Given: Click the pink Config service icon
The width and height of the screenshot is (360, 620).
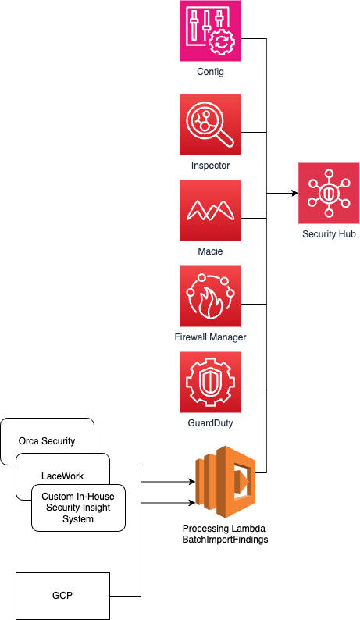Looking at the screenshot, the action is click(x=211, y=30).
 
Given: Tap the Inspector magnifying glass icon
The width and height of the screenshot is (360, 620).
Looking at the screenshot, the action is click(x=211, y=125).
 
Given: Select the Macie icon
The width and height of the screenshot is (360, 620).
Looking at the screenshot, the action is click(x=211, y=210).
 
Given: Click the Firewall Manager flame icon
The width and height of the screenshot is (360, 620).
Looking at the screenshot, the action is click(x=211, y=296).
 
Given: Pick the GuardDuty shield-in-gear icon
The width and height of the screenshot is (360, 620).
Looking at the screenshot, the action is click(x=211, y=383).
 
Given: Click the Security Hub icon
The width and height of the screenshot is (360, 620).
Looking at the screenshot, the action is click(x=329, y=193).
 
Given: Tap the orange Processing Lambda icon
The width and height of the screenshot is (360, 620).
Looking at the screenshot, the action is click(x=226, y=482).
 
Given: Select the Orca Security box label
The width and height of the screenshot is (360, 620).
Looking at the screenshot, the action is click(x=47, y=441).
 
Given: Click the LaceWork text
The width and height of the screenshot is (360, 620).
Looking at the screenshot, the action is click(x=62, y=476).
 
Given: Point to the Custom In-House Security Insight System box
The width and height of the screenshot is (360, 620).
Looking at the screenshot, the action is click(x=78, y=508).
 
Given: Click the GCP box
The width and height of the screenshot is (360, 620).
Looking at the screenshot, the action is click(x=62, y=596).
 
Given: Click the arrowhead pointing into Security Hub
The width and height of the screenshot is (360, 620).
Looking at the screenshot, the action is click(x=295, y=193).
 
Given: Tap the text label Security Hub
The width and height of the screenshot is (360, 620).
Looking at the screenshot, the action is click(x=329, y=234).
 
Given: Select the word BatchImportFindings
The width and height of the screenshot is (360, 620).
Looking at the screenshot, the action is click(x=225, y=540).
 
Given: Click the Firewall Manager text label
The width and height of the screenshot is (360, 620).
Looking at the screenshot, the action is click(x=211, y=337).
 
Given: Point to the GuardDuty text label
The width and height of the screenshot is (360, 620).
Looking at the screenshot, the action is click(x=211, y=423).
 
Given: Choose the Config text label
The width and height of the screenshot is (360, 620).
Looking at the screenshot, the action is click(x=211, y=72).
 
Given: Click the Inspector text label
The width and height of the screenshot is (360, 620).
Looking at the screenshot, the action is click(x=211, y=166).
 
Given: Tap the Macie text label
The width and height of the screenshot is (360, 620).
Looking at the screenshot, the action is click(x=211, y=251).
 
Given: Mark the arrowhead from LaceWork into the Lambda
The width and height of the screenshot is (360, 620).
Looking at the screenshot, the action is click(x=192, y=482).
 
